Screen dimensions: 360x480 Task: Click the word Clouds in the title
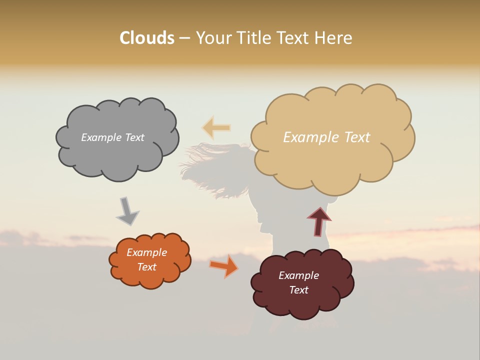[146, 38]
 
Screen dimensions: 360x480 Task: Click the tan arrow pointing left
[216, 128]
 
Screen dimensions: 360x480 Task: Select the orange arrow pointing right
[224, 266]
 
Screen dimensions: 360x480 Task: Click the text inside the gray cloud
[112, 137]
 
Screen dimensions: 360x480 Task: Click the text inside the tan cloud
[326, 137]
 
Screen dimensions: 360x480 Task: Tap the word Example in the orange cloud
[146, 252]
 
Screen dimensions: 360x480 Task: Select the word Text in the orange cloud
[146, 267]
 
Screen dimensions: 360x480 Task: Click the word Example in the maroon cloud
[298, 275]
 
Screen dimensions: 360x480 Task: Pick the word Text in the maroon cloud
[298, 290]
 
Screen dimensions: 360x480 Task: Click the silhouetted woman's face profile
[262, 215]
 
